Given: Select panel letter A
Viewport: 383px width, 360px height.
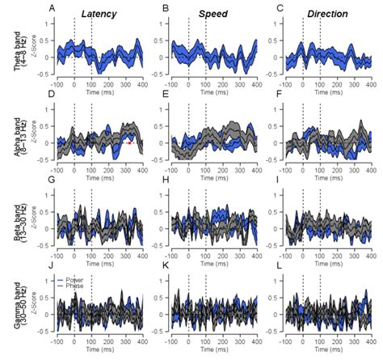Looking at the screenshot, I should (53, 9).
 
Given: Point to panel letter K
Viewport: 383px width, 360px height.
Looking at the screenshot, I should (166, 265).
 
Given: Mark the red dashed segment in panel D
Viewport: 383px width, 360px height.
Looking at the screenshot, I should (128, 143).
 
